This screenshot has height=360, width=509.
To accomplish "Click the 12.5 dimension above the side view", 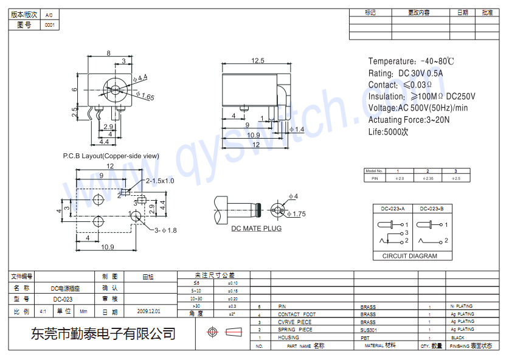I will pos(257,60).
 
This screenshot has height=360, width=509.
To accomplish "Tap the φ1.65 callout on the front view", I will pos(145,96).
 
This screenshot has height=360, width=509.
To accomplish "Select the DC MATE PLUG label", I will pos(256,229).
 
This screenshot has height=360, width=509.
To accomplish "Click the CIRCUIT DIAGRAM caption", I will pos(409,256).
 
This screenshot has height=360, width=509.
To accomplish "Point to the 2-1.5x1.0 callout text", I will pos(159,181).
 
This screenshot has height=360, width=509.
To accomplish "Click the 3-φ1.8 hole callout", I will pos(165,230).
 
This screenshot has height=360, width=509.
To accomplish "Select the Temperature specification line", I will pos(411,61).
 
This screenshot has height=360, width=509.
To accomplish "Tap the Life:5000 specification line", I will pos(388,131).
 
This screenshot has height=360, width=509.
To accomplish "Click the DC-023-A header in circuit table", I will pos(392,209).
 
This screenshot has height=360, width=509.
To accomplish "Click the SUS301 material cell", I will pos(368,330).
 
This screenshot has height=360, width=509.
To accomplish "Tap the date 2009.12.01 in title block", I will pos(149,311).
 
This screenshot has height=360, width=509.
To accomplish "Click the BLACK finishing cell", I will pos(457,337).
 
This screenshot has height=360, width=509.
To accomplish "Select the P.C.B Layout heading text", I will pos(111,156).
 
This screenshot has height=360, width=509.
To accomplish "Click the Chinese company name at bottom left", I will pos(103,333).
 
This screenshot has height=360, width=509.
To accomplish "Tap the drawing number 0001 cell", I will pos(49,26).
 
